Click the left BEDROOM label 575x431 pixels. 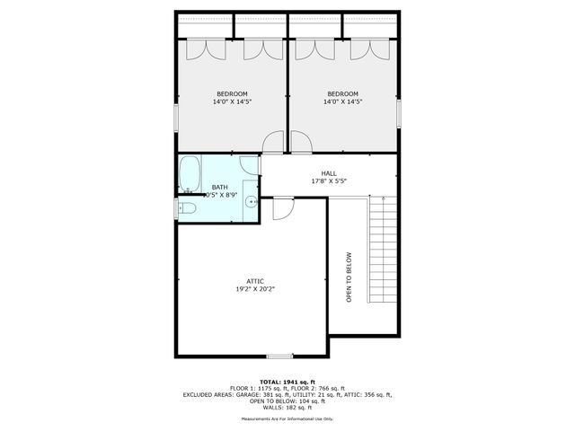(x=231, y=94)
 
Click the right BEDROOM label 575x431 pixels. (x=342, y=94)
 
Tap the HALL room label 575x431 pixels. (x=329, y=172)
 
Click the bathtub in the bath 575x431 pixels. (x=189, y=174)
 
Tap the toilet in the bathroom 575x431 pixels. (x=185, y=208)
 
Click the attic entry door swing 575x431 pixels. (x=281, y=207)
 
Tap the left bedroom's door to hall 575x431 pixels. (x=272, y=142)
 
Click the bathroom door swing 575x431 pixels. (x=251, y=164)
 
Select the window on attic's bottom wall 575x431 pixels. (x=280, y=356)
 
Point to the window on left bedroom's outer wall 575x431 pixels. (x=176, y=117)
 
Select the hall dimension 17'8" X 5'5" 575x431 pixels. (x=329, y=180)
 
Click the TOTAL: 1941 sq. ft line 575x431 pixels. (x=287, y=382)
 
